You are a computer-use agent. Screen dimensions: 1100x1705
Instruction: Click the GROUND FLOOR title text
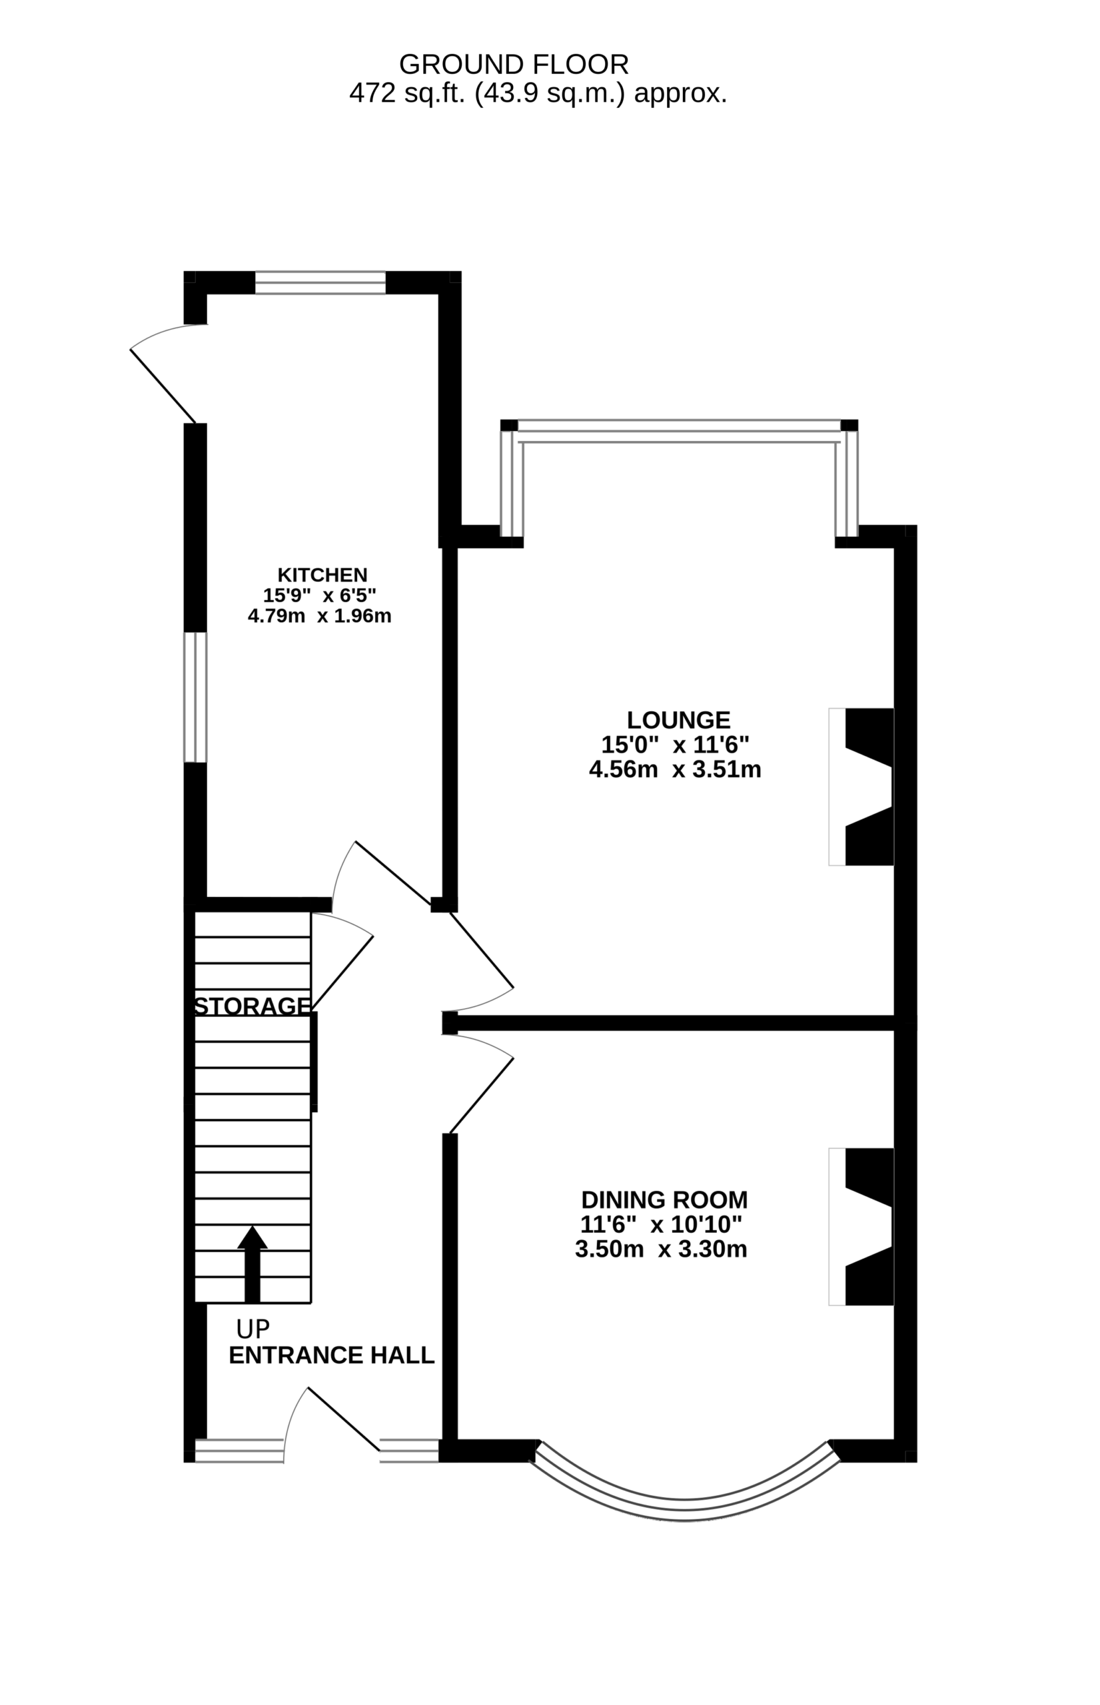[514, 65]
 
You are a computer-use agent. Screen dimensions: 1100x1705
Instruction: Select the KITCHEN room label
[322, 575]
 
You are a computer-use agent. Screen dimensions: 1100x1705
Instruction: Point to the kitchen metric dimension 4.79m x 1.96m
[320, 615]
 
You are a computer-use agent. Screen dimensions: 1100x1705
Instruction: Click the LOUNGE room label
[678, 720]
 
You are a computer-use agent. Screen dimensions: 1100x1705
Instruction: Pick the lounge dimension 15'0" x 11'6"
[675, 745]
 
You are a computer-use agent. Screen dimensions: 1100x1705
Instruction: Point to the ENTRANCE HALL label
[331, 1355]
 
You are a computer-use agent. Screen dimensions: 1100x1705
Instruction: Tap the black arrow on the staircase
[252, 1265]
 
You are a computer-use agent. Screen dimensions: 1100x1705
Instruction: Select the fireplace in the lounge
[861, 787]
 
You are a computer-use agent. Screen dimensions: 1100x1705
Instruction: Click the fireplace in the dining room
[861, 1227]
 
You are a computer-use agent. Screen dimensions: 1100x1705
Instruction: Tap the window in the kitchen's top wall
[320, 283]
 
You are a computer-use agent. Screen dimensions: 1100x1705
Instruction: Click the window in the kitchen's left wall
[195, 697]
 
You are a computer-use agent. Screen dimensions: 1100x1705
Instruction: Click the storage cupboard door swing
[342, 972]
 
